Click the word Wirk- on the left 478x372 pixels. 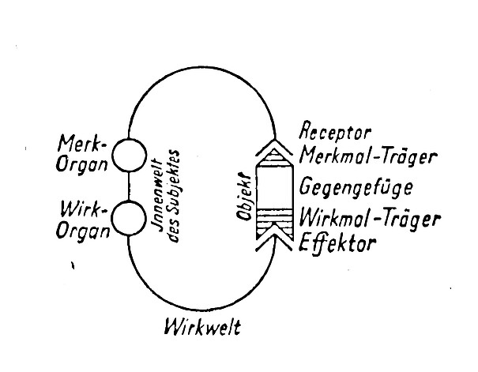tap(81, 209)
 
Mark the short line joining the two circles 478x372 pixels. tap(128, 187)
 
